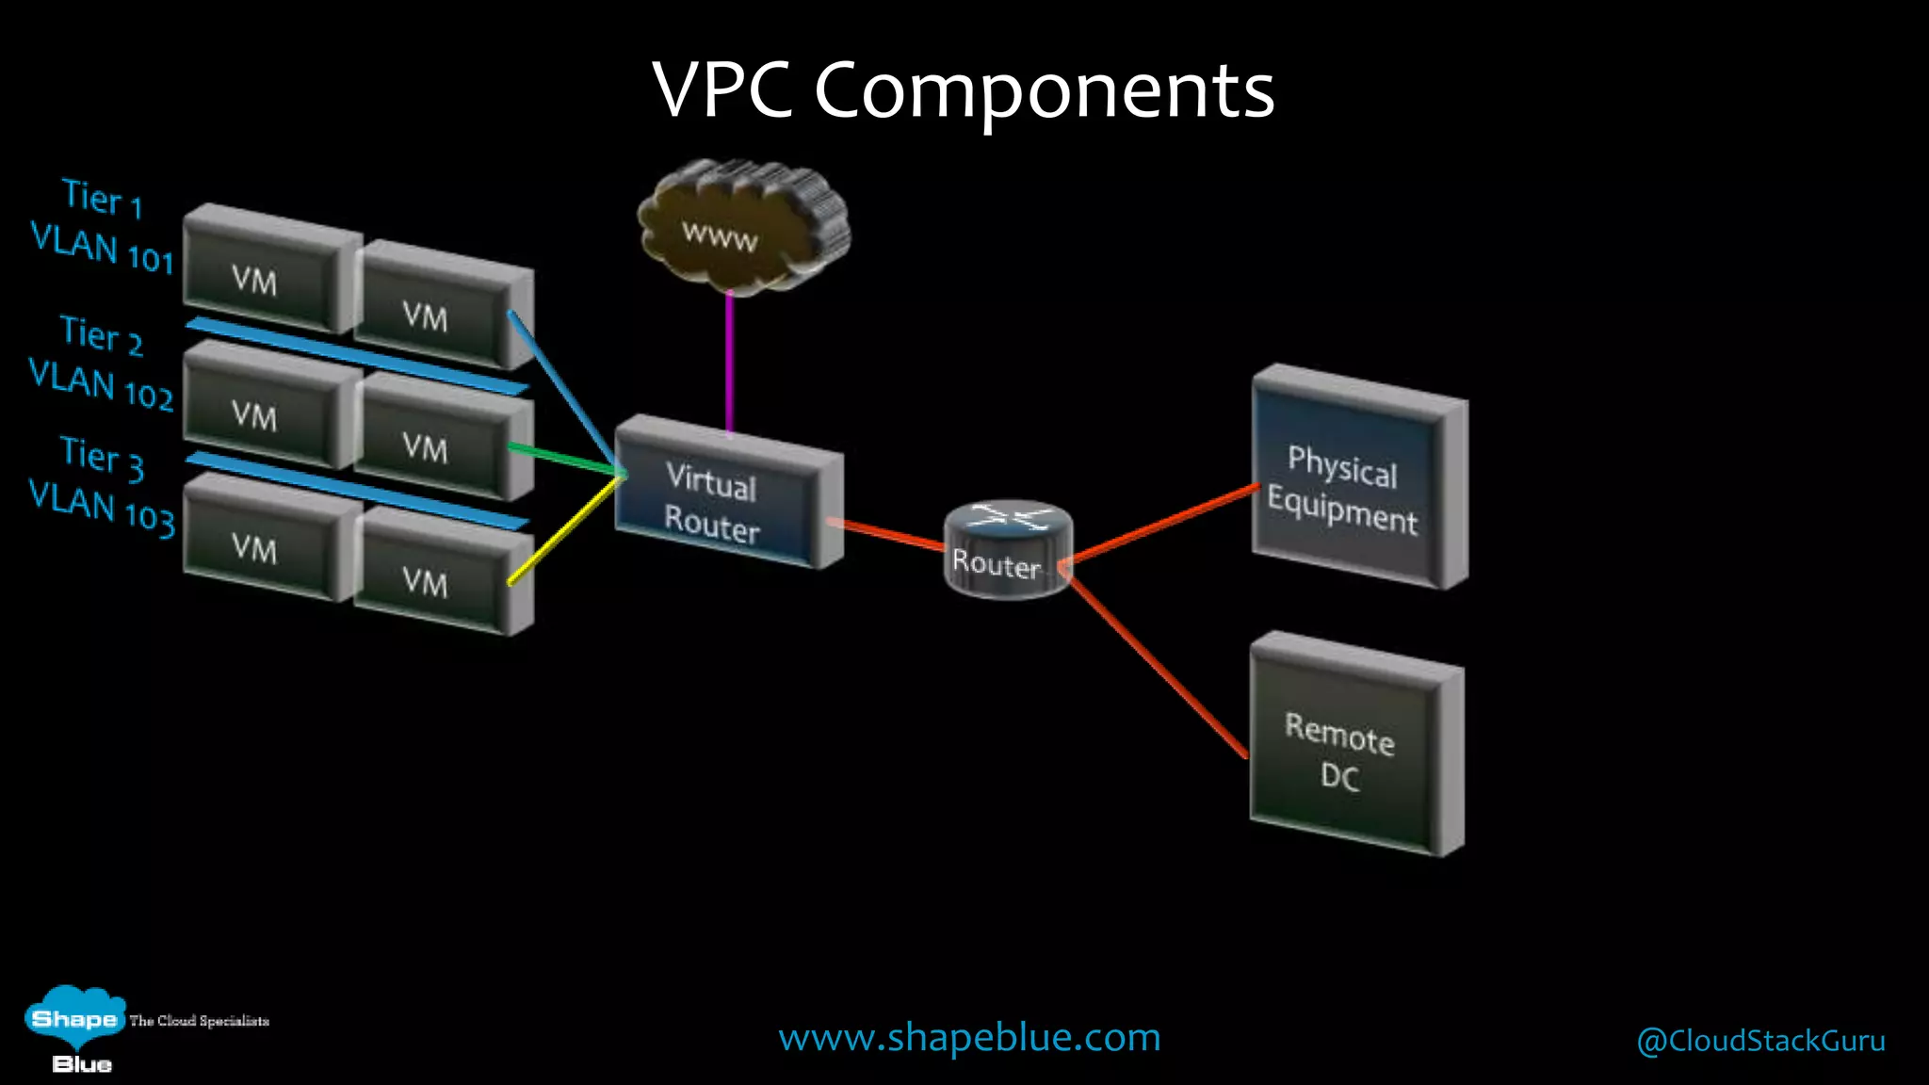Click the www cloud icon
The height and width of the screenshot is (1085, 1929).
click(x=742, y=228)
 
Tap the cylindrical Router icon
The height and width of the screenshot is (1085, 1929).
click(x=1006, y=550)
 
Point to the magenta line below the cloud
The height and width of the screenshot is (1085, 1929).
click(x=729, y=363)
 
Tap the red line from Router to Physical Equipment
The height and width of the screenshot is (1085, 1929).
click(x=1163, y=525)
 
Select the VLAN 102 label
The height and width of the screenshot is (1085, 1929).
click(x=101, y=385)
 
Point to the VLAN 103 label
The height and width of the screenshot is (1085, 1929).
click(x=102, y=508)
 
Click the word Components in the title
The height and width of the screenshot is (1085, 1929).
click(x=1044, y=90)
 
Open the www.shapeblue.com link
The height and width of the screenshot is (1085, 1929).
click(x=968, y=1038)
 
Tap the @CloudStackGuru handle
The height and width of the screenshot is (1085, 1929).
click(x=1760, y=1041)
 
